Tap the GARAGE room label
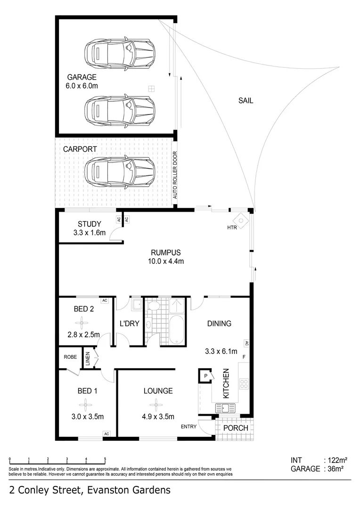pos(82,77)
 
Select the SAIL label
pos(245,100)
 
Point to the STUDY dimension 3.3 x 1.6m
pos(90,232)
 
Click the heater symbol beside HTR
pos(242,221)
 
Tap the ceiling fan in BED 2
pos(83,323)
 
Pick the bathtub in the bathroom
pos(174,330)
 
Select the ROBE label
pos(70,357)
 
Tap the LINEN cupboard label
pos(88,359)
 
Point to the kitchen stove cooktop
pos(244,383)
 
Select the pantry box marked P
pos(205,375)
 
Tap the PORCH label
pos(235,428)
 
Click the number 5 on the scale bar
pos(105,459)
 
